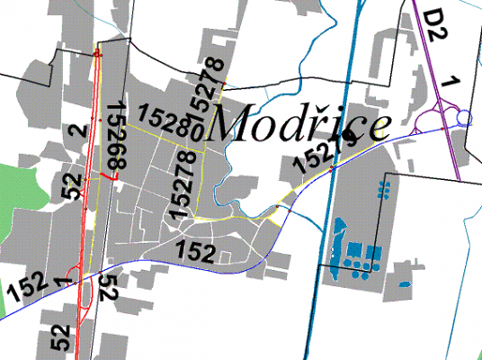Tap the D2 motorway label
click(436, 27)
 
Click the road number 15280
click(169, 122)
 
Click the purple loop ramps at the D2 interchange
click(442, 112)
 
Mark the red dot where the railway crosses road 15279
click(332, 168)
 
